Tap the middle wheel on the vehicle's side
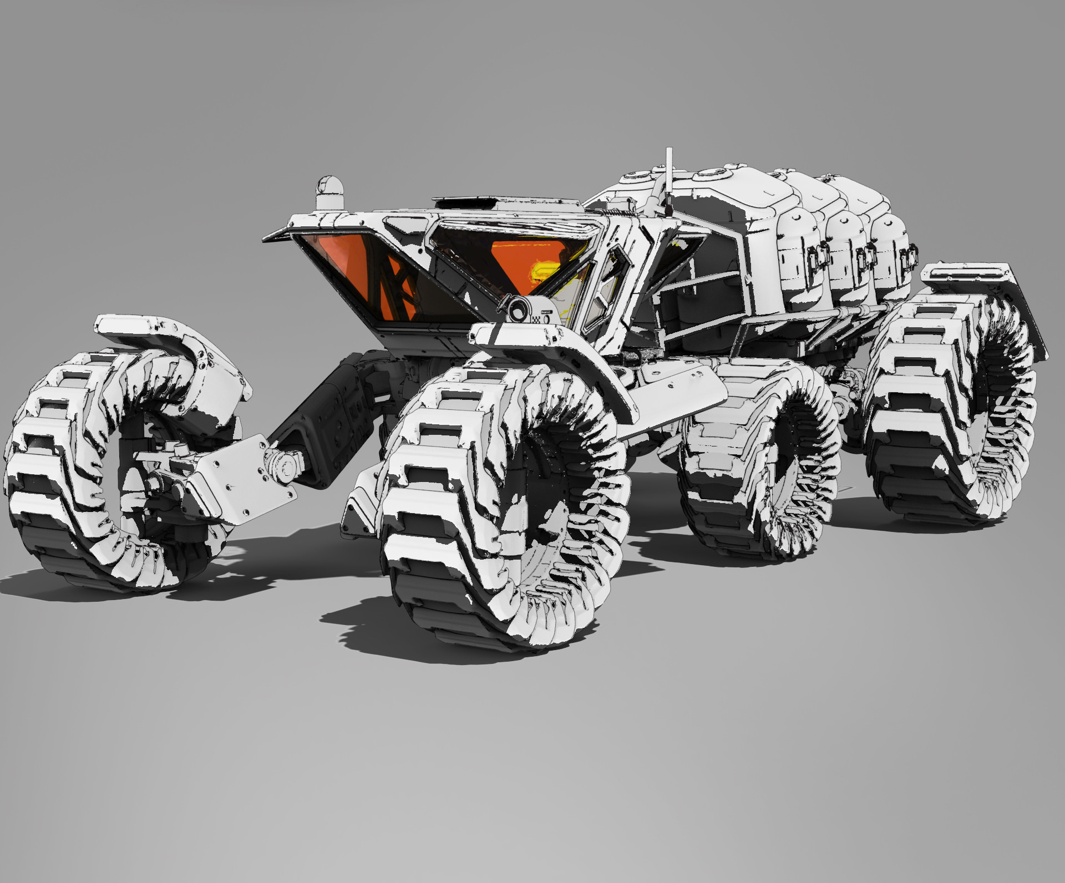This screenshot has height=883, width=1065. [760, 460]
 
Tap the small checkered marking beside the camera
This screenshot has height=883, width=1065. [536, 319]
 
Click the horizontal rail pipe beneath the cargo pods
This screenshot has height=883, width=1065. [821, 316]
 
